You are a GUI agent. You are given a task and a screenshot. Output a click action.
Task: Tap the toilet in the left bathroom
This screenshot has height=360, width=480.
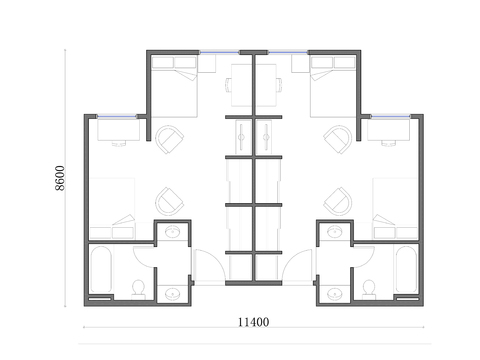click(x=139, y=289)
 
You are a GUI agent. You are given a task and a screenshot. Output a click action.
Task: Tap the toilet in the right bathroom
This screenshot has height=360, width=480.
click(x=369, y=288)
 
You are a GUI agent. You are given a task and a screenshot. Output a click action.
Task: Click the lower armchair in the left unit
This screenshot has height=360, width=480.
click(x=167, y=199)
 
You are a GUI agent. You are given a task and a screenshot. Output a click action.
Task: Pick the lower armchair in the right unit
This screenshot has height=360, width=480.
click(x=341, y=199)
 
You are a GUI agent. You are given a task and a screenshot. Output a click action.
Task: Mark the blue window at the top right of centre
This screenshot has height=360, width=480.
click(x=288, y=52)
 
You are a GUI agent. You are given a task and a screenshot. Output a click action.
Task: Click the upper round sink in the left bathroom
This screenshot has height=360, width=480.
click(x=173, y=234)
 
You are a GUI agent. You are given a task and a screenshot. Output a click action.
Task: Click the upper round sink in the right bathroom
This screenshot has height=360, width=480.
click(x=334, y=234)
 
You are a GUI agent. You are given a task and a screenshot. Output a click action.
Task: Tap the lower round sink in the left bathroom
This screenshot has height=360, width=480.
click(x=172, y=293)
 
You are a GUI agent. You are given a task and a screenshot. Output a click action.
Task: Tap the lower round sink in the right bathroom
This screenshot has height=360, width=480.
click(x=335, y=293)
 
